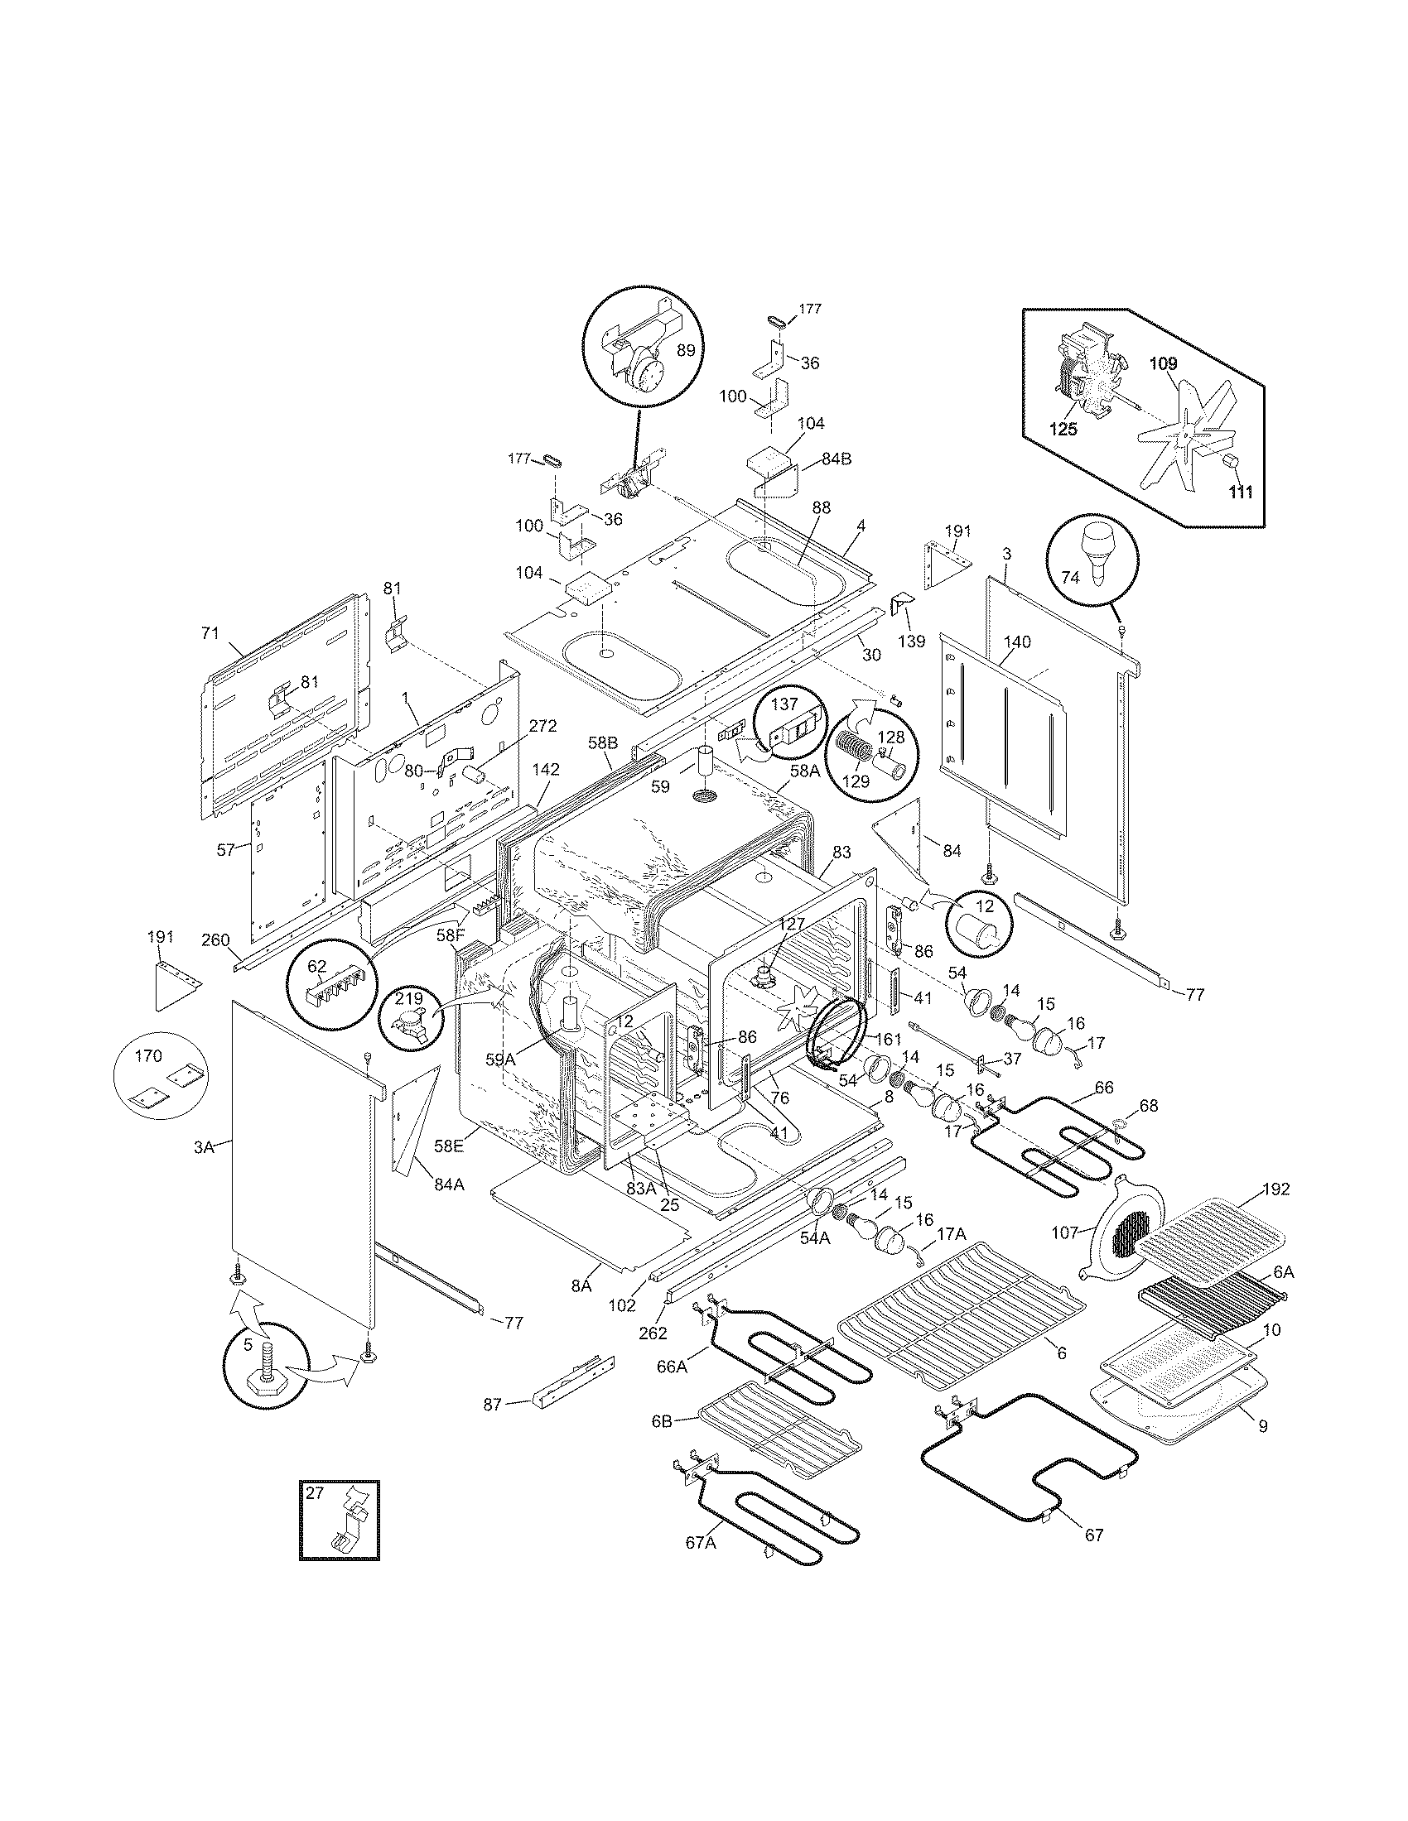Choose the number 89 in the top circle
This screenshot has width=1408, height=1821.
click(686, 350)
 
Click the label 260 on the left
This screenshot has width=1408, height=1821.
click(215, 940)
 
